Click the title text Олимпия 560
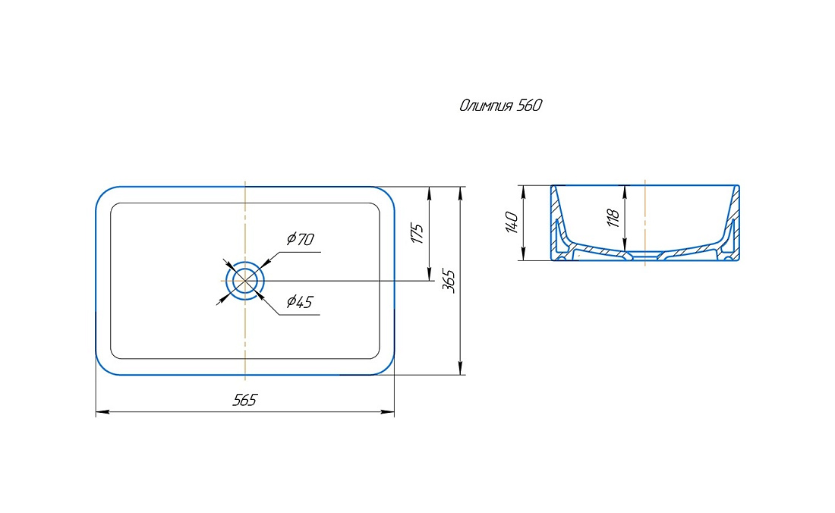pos(500,105)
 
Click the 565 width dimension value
pos(244,400)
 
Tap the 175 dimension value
pos(417,234)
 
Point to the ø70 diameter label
pos(301,239)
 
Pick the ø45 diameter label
pos(299,302)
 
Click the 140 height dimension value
pos(511,222)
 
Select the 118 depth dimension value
pos(613,219)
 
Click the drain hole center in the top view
pos(245,281)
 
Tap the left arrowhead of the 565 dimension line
pos(102,412)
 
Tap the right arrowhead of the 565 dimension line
pos(388,412)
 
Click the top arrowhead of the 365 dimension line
pos(461,194)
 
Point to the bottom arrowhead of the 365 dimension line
pos(461,368)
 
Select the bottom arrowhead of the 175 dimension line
pos(429,273)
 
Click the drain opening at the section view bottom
pos(645,256)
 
